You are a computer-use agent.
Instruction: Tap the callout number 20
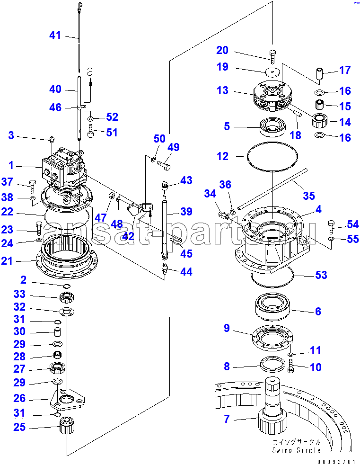tap(222, 50)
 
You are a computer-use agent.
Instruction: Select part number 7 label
tap(227, 419)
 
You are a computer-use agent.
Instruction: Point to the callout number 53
tap(322, 275)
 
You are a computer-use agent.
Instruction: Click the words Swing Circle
tap(296, 450)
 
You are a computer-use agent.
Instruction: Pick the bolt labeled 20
tap(272, 55)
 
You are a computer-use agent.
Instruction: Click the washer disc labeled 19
tap(272, 71)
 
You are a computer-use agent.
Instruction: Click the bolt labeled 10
tap(290, 366)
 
